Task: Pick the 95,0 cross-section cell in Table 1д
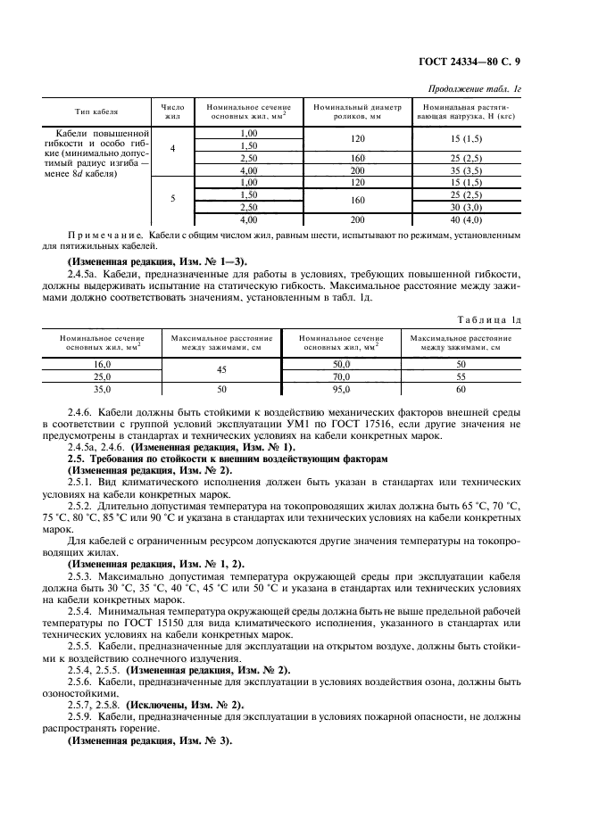[x=342, y=389]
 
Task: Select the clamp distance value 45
[x=221, y=370]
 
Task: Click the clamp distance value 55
[x=461, y=376]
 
